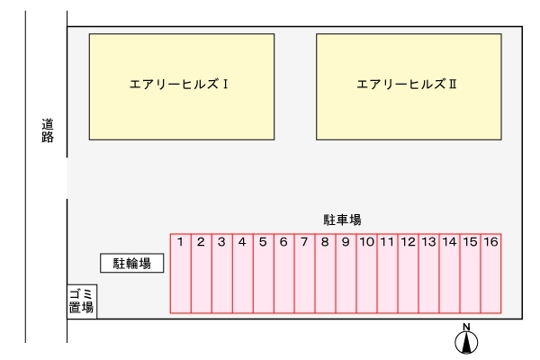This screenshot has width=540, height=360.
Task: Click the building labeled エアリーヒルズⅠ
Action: (x=182, y=86)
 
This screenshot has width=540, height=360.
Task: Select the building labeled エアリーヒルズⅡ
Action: (x=409, y=86)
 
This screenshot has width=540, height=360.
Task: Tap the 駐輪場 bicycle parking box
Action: (x=131, y=263)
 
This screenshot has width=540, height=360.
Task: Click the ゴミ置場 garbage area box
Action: (x=82, y=301)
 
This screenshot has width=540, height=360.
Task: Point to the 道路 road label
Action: (x=48, y=130)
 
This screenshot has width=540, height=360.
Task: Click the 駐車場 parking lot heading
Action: (x=342, y=220)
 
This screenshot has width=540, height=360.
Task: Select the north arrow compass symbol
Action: (x=466, y=339)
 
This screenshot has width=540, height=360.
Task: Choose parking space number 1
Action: (x=181, y=274)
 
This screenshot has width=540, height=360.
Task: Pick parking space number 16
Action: (x=490, y=274)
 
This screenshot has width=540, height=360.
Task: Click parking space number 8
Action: (x=325, y=274)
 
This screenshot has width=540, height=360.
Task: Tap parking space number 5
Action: (x=263, y=274)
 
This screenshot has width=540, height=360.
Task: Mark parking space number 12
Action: (x=408, y=274)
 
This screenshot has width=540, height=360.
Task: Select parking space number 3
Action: (x=221, y=274)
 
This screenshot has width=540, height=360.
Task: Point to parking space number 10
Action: (x=366, y=274)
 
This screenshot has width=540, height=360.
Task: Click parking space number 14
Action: (x=449, y=274)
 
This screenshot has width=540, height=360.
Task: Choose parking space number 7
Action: (x=304, y=274)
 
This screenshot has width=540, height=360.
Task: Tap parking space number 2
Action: (x=201, y=274)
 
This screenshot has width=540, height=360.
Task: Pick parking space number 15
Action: (x=470, y=274)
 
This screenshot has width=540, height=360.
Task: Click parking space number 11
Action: (x=387, y=274)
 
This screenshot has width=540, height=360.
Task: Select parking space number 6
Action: (x=283, y=274)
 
